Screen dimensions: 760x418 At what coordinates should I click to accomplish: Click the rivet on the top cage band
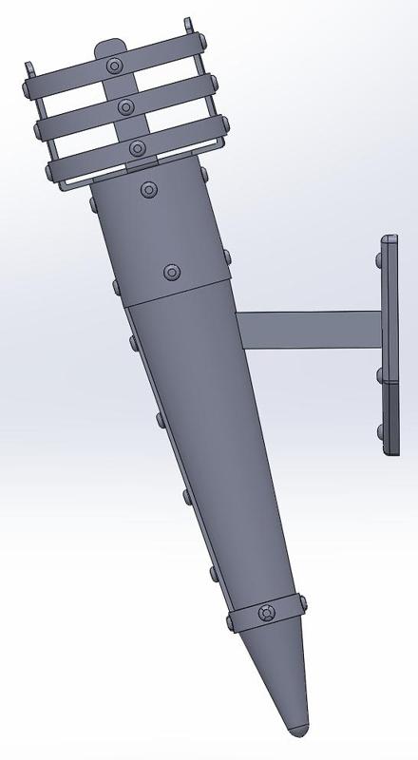pos(115,66)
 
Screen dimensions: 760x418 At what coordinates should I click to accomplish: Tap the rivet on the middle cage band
pos(125,107)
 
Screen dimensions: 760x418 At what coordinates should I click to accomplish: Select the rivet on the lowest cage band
pos(137,148)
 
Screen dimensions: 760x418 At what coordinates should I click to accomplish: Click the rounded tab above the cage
pos(111,45)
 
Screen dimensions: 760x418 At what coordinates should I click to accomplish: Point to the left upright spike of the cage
pos(28,68)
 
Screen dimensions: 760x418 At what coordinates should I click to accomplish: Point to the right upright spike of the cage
pos(190,24)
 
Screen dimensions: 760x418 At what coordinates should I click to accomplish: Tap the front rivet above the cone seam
pos(171,273)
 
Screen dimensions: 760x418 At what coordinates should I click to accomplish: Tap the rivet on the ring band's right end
pos(302,601)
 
